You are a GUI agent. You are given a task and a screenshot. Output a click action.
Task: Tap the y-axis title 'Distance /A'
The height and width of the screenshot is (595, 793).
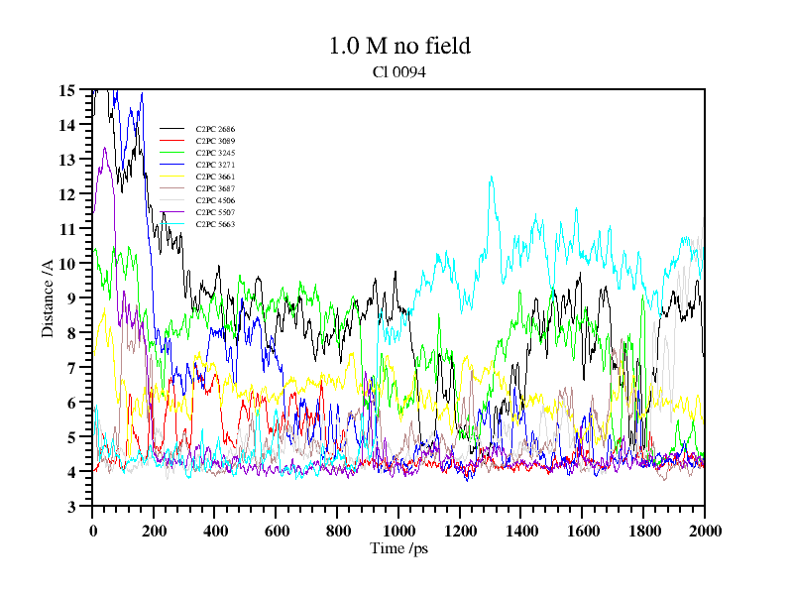48,297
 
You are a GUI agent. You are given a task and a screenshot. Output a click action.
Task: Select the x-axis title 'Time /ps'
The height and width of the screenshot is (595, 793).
397,547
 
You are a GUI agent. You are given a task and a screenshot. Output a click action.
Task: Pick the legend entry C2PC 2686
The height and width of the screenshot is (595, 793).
215,129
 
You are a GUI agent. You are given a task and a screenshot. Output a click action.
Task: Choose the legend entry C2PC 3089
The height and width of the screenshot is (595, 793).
215,141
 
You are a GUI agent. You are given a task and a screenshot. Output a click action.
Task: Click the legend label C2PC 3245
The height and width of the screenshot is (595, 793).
215,153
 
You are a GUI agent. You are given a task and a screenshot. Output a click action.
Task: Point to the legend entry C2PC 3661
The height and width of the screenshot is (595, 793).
215,177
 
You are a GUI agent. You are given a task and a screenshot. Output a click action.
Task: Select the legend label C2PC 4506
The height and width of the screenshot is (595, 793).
215,200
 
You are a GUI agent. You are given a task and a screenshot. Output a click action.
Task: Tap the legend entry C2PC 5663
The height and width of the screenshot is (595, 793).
215,224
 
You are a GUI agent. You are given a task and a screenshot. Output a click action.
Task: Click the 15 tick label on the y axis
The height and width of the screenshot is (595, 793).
67,90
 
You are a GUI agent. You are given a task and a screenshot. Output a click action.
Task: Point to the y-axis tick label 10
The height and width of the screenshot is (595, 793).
67,264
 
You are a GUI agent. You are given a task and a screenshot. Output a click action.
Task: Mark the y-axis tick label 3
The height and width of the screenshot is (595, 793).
71,507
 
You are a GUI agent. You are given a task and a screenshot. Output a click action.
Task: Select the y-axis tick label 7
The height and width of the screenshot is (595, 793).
71,368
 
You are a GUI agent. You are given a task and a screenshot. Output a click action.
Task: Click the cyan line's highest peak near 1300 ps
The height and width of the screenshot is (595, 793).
491,178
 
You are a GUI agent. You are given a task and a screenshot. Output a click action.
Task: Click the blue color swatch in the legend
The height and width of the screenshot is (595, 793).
172,212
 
